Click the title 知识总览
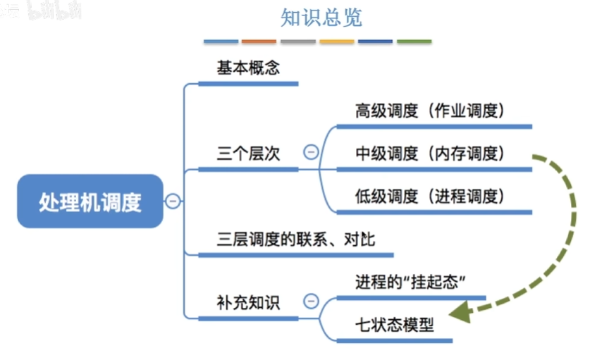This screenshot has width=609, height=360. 321,18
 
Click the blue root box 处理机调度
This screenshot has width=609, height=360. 90,201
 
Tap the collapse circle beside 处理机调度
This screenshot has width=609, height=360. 173,201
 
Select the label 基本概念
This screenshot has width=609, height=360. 248,68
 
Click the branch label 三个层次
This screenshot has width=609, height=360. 248,154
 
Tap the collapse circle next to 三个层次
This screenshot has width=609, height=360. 311,152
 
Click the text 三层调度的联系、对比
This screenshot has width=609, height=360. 296,240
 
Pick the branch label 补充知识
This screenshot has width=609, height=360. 248,302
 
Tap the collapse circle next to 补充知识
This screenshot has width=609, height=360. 311,301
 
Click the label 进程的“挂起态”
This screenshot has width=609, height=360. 410,282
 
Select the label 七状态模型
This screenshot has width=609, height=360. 395,325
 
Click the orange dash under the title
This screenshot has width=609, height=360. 259,41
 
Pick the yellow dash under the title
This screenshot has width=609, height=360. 337,41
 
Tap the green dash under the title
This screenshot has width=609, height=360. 414,41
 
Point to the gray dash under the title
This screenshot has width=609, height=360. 298,41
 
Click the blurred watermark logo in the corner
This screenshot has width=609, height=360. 54,11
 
